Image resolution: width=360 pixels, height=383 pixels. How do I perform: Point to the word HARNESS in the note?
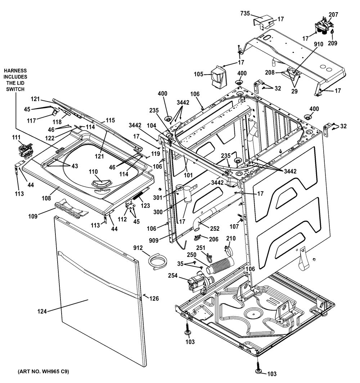[15, 71]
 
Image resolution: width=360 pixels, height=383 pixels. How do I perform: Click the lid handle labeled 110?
[102, 184]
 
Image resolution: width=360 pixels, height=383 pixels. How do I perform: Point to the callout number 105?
[198, 75]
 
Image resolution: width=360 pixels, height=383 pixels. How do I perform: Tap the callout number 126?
[154, 298]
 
